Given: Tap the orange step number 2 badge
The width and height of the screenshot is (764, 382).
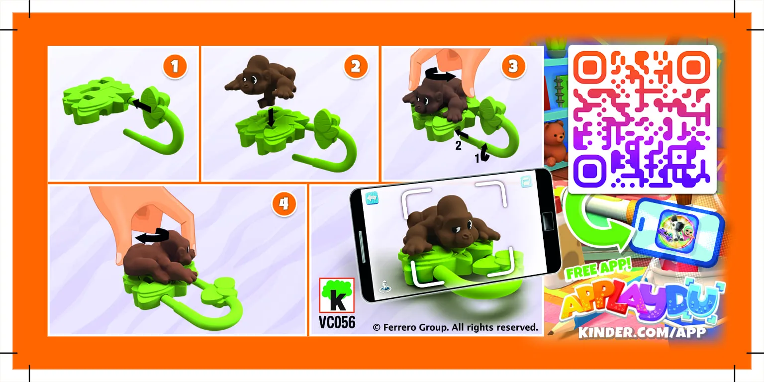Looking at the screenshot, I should coord(355,67).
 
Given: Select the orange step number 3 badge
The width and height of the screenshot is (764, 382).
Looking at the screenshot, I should coord(513,66).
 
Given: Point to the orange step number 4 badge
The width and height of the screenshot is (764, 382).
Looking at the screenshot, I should coord(284,205).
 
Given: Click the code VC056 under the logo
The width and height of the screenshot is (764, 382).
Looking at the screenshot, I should coord(337,322).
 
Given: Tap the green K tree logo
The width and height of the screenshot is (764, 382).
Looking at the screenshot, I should coord(337,296).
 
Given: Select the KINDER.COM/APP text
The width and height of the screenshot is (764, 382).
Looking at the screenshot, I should coord(642,332).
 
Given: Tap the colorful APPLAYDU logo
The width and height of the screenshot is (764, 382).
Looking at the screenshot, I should coord(642,302).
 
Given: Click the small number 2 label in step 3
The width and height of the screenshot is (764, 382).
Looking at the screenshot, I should coord(459,146).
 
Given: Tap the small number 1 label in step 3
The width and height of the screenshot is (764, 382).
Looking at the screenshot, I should coord(478,158).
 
